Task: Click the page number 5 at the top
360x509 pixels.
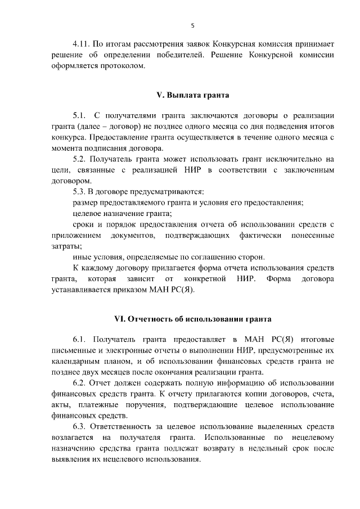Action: [192, 25]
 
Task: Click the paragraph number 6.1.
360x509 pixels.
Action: [81, 340]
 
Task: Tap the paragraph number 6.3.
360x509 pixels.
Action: [81, 427]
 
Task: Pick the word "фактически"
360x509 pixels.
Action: [257, 235]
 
